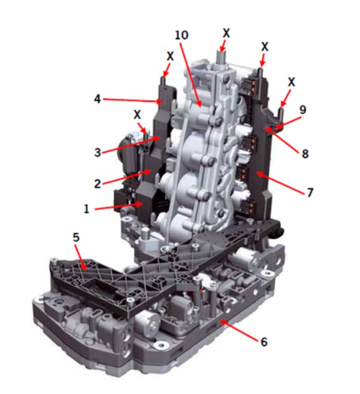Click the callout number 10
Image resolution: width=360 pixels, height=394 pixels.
click(181, 35)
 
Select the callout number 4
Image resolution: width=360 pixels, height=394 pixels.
click(97, 99)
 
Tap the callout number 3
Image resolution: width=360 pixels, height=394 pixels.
click(98, 152)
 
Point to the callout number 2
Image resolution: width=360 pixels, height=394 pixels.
click(97, 184)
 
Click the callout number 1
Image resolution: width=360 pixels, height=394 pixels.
click(86, 209)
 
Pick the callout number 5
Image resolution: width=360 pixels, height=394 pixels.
click(76, 237)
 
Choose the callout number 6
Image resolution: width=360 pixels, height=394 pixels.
click(264, 342)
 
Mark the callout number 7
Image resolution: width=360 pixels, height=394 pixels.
click(310, 193)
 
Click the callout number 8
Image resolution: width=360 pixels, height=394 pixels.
click(305, 154)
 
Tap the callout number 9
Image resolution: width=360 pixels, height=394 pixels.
click(303, 110)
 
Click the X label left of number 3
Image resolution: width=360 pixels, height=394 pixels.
click(137, 115)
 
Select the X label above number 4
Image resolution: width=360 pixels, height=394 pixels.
click(170, 56)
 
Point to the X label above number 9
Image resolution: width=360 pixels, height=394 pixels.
click(291, 82)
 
